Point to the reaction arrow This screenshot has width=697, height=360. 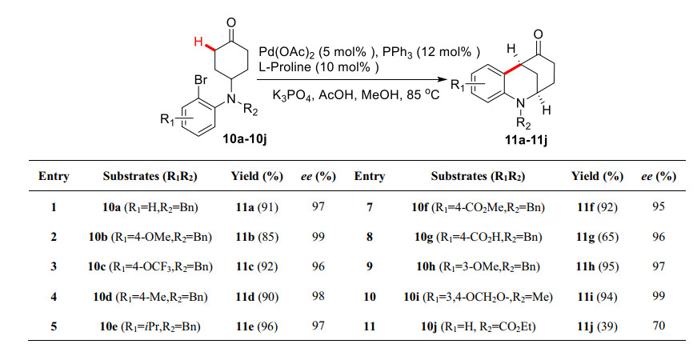(x=352, y=79)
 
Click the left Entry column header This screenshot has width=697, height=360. (x=52, y=176)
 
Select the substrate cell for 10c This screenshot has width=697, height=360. (x=150, y=267)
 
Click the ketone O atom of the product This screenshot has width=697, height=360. (x=538, y=34)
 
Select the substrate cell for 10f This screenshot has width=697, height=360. (x=478, y=207)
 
